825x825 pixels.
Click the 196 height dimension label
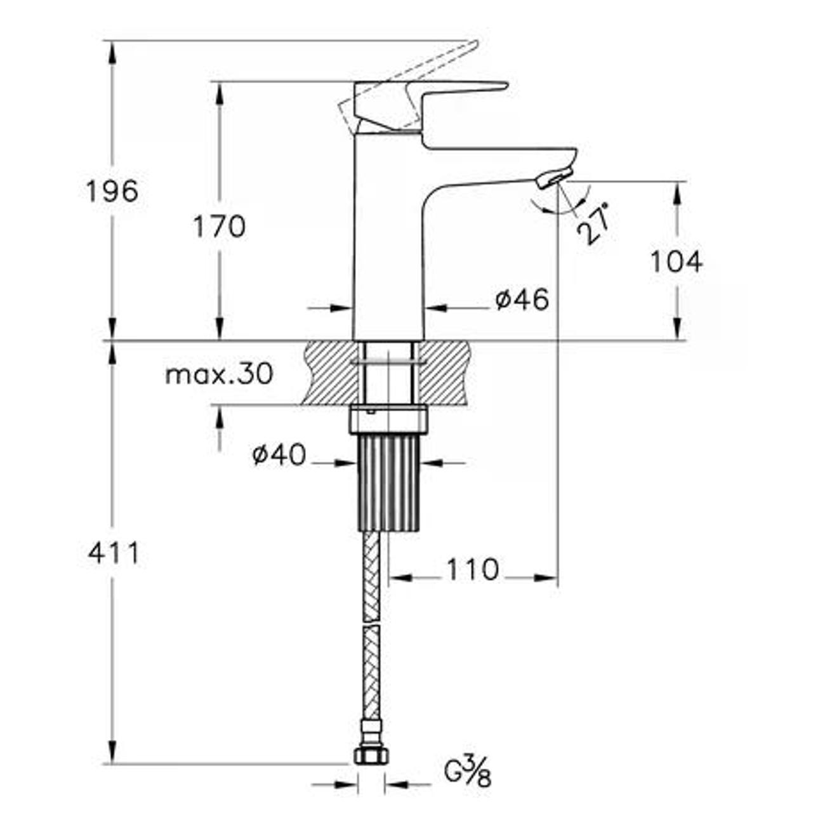click(x=112, y=192)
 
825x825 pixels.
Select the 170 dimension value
click(x=219, y=227)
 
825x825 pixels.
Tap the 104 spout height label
click(x=676, y=261)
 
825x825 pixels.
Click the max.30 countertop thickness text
click(x=219, y=374)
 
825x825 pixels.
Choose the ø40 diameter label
click(x=279, y=454)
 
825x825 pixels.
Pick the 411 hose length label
click(x=114, y=553)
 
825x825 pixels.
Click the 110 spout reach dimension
click(x=473, y=569)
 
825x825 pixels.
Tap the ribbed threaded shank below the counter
click(x=388, y=482)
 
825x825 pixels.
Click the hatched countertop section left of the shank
click(x=331, y=373)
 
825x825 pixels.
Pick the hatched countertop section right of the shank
click(x=444, y=373)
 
